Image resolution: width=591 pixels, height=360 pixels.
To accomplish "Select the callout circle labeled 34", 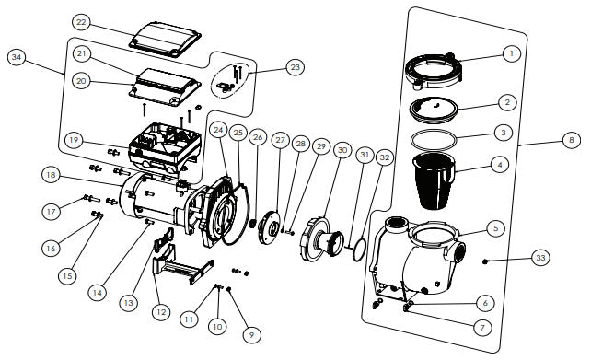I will pyautogui.click(x=17, y=58).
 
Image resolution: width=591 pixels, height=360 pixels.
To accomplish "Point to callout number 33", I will pyautogui.click(x=540, y=260).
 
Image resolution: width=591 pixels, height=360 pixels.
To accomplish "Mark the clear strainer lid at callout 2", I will pyautogui.click(x=439, y=107).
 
